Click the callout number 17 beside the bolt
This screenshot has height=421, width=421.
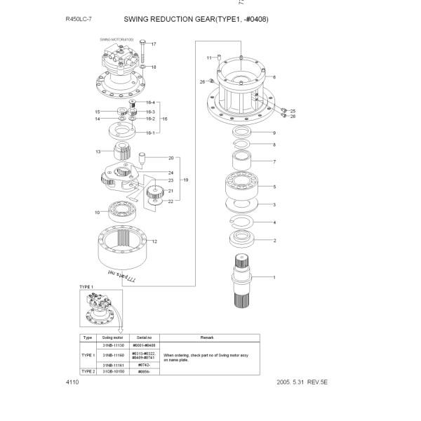coord(154,44)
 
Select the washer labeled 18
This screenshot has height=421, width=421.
coord(142,67)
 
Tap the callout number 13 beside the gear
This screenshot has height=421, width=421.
coord(98,152)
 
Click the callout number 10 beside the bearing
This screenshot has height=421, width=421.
coord(98,212)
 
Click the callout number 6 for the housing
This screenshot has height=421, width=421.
coord(274,76)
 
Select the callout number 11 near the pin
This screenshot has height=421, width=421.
coord(209,57)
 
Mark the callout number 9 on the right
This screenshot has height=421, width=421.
coord(274,133)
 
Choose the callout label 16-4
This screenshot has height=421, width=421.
coord(150,103)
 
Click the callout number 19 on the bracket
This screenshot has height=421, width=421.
coord(186,180)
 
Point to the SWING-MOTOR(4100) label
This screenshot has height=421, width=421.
coord(116,40)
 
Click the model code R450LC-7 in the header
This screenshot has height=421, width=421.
coord(79,19)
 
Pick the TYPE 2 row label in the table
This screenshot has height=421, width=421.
coord(88,371)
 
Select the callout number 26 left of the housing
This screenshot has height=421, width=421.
coord(202,82)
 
